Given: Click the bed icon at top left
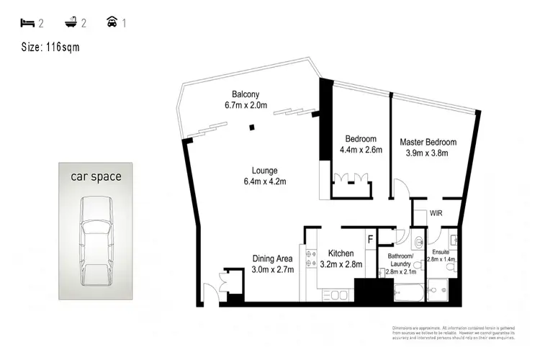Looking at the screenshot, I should point(27,22).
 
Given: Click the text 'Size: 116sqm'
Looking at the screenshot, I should point(50,48).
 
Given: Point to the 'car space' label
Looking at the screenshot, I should point(95,176).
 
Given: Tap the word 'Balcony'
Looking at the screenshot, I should point(246,94).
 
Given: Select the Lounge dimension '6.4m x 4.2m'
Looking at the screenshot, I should point(264,181).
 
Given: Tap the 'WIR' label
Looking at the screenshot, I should point(436,214).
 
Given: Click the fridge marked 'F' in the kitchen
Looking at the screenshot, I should point(370,238).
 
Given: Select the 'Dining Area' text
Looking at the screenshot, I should point(272,259).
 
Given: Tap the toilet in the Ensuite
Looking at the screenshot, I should point(450,267).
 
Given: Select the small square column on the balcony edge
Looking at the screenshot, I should point(252,127).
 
